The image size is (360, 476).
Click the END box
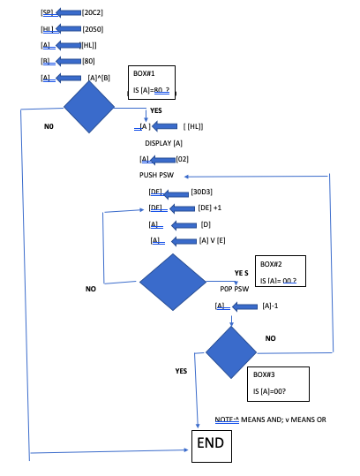coord(212,446)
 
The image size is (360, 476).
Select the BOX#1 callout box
coord(152,82)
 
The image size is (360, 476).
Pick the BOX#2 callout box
coord(281,271)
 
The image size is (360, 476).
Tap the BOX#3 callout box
coord(278,383)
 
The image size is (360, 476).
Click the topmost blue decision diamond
coord(89,107)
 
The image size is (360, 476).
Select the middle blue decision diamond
coord(173,282)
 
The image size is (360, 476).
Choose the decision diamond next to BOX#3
coord(231,352)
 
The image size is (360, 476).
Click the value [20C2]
coord(93,12)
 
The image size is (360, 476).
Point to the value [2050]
coord(93,29)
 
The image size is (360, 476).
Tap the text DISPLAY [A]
coord(163,143)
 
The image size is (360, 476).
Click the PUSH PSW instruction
coord(156,175)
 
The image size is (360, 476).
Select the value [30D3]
coord(201,192)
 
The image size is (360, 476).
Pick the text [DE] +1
coord(210,208)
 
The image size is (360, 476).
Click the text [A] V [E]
coord(212,241)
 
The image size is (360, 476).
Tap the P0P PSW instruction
coord(235,289)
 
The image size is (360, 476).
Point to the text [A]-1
coord(270,306)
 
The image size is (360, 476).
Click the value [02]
coord(183,159)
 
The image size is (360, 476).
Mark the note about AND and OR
coord(270,419)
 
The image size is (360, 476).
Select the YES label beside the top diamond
coord(156,110)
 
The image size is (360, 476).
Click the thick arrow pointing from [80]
coord(69,61)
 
